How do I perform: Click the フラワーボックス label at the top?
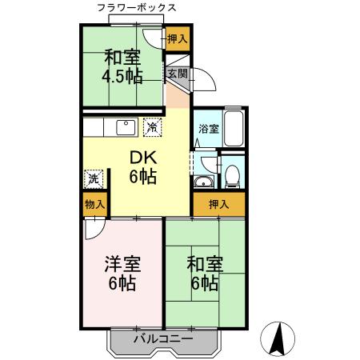(136, 8)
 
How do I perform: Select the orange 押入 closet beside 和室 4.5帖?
(178, 38)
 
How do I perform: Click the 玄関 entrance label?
(177, 74)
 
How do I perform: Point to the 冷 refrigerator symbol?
(151, 126)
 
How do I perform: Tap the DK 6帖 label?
(143, 166)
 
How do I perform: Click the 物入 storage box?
(94, 205)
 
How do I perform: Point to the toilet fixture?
(230, 174)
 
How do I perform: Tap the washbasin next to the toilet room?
(202, 182)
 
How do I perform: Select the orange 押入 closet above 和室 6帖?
(218, 205)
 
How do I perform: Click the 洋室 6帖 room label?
(122, 272)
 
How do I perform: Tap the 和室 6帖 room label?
(204, 272)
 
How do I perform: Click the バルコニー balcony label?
(164, 339)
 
